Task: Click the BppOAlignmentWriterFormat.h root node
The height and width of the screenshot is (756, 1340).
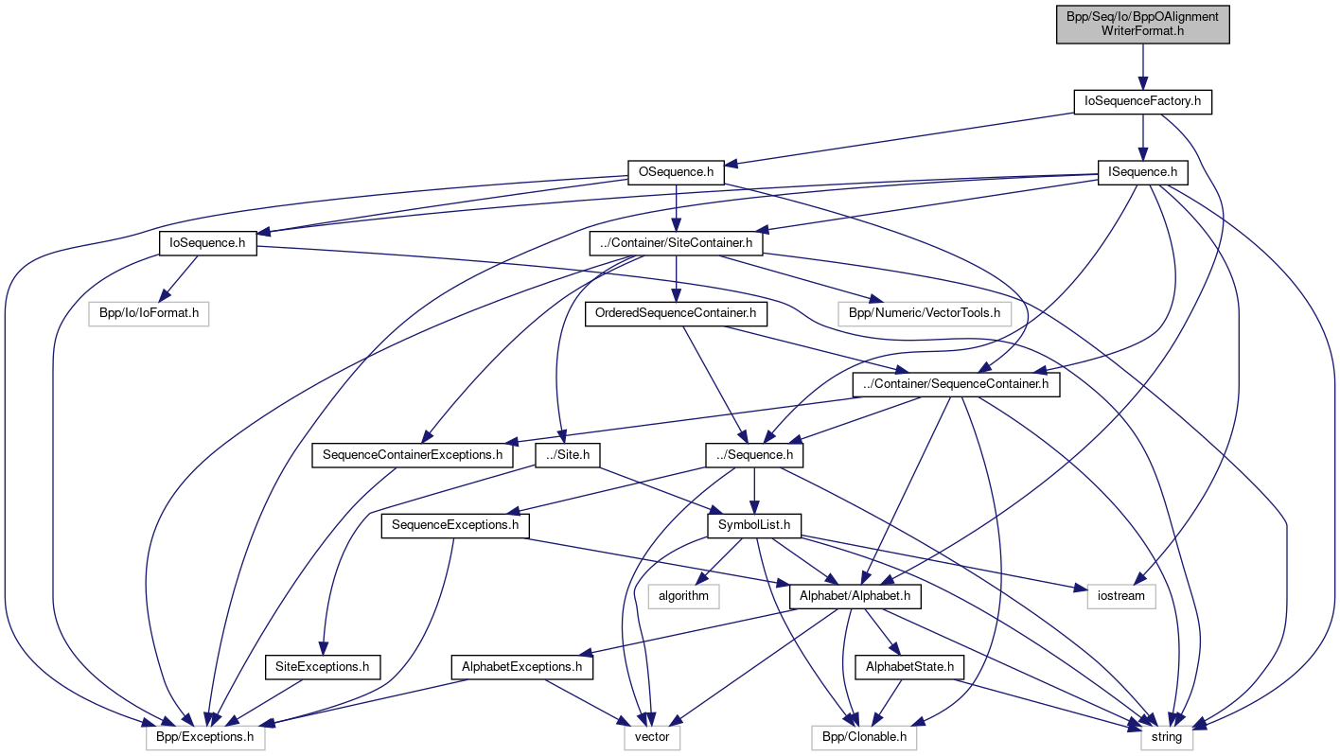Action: click(1142, 23)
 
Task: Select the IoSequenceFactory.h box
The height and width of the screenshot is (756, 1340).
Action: click(1142, 101)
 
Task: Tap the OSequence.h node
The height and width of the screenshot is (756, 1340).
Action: click(676, 173)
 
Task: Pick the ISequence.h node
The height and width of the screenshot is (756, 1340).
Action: click(1142, 173)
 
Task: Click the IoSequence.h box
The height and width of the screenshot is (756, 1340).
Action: click(207, 243)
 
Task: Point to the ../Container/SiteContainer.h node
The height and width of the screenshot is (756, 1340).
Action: click(676, 243)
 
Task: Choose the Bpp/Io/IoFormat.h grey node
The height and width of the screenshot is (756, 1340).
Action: click(149, 313)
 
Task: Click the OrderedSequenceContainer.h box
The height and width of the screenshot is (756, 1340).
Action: click(676, 313)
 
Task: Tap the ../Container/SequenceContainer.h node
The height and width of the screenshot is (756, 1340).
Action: click(956, 384)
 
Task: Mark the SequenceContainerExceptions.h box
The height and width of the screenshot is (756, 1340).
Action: click(413, 455)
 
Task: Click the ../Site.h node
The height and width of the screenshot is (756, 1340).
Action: click(568, 455)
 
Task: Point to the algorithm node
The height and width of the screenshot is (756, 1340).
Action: click(683, 595)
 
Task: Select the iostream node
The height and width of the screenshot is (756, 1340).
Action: click(1121, 595)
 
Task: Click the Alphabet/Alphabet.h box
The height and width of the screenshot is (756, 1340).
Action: click(855, 595)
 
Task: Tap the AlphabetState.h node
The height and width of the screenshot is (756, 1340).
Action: click(908, 667)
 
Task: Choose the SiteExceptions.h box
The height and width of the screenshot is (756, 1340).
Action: click(323, 667)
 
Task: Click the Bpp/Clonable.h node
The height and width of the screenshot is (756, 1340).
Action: click(864, 737)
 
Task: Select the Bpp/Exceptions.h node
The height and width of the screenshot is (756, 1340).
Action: click(205, 737)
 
